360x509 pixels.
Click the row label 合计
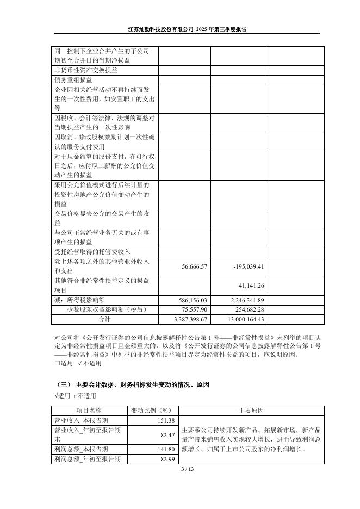pos(104,319)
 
